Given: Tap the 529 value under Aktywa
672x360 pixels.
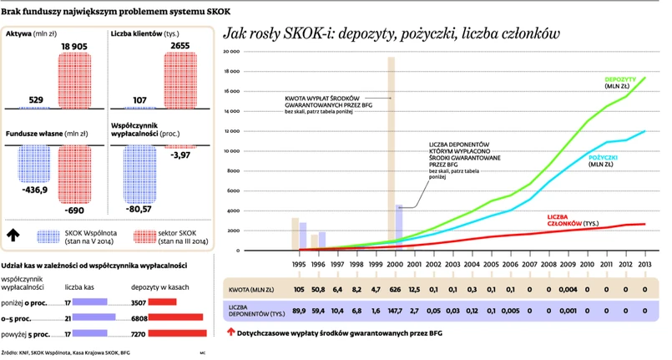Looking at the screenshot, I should pyautogui.click(x=36, y=101).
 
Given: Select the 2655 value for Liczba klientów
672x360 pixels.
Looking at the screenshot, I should pyautogui.click(x=180, y=46).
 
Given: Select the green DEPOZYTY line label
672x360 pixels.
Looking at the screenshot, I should pyautogui.click(x=619, y=79).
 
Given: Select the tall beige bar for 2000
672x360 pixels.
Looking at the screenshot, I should pyautogui.click(x=391, y=150).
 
